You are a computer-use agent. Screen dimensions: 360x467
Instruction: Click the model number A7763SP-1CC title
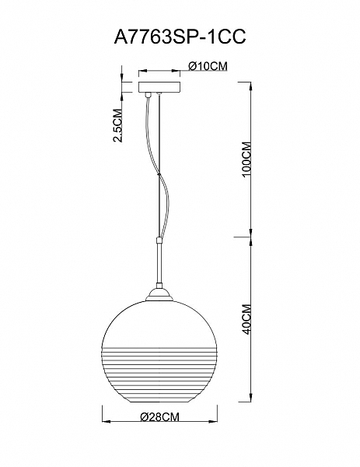[180, 37]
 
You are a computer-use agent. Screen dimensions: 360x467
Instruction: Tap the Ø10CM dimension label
[208, 66]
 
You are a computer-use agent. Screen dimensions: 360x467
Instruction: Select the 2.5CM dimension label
[118, 125]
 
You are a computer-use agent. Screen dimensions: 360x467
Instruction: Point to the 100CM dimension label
[247, 160]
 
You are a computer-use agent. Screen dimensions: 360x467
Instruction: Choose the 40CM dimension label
[247, 319]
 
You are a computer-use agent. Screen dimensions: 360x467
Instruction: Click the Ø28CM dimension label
[159, 417]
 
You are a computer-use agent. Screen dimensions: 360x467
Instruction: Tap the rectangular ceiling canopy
[159, 86]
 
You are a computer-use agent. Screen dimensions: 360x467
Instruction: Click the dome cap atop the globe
[159, 295]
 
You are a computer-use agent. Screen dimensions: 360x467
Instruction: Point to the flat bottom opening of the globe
[159, 402]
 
